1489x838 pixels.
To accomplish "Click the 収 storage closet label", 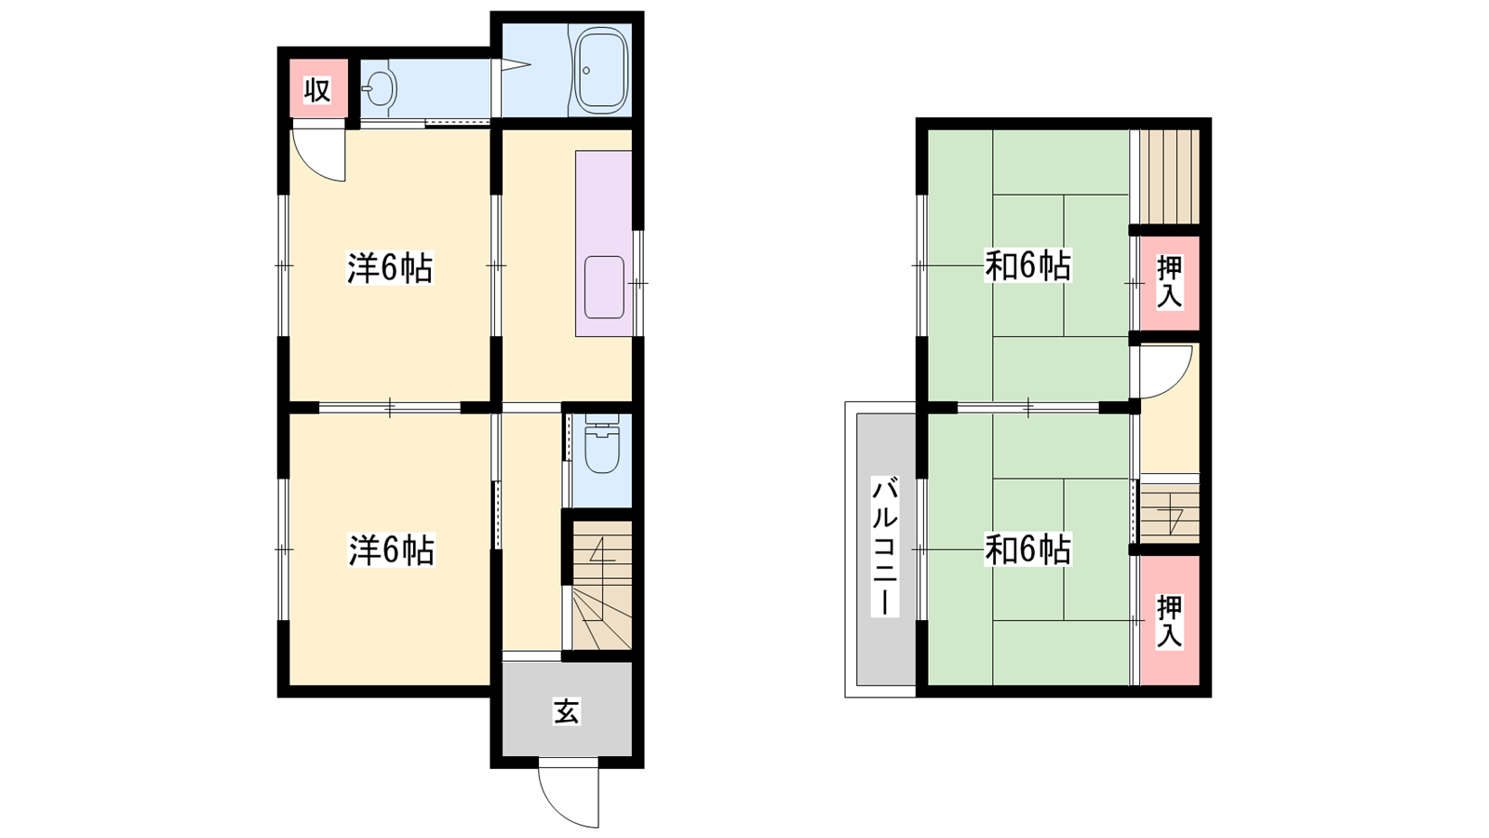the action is [317, 90].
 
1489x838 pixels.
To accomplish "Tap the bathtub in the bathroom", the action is [601, 71].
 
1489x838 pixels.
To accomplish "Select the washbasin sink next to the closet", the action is [380, 89].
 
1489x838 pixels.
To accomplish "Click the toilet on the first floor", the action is [601, 443].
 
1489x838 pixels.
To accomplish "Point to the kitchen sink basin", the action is [604, 288].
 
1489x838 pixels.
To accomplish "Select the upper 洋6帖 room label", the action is [390, 269].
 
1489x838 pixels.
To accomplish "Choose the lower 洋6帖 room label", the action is [392, 550].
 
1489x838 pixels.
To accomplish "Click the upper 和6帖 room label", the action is [1027, 266].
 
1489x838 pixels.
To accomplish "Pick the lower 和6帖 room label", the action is [1027, 549].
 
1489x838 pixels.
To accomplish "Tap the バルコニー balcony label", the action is [885, 547].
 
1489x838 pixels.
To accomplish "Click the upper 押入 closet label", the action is [1170, 282].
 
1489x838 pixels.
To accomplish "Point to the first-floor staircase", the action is [601, 586].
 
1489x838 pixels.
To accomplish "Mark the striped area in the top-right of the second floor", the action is [1170, 176].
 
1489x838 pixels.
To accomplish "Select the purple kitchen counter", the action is [604, 243].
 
